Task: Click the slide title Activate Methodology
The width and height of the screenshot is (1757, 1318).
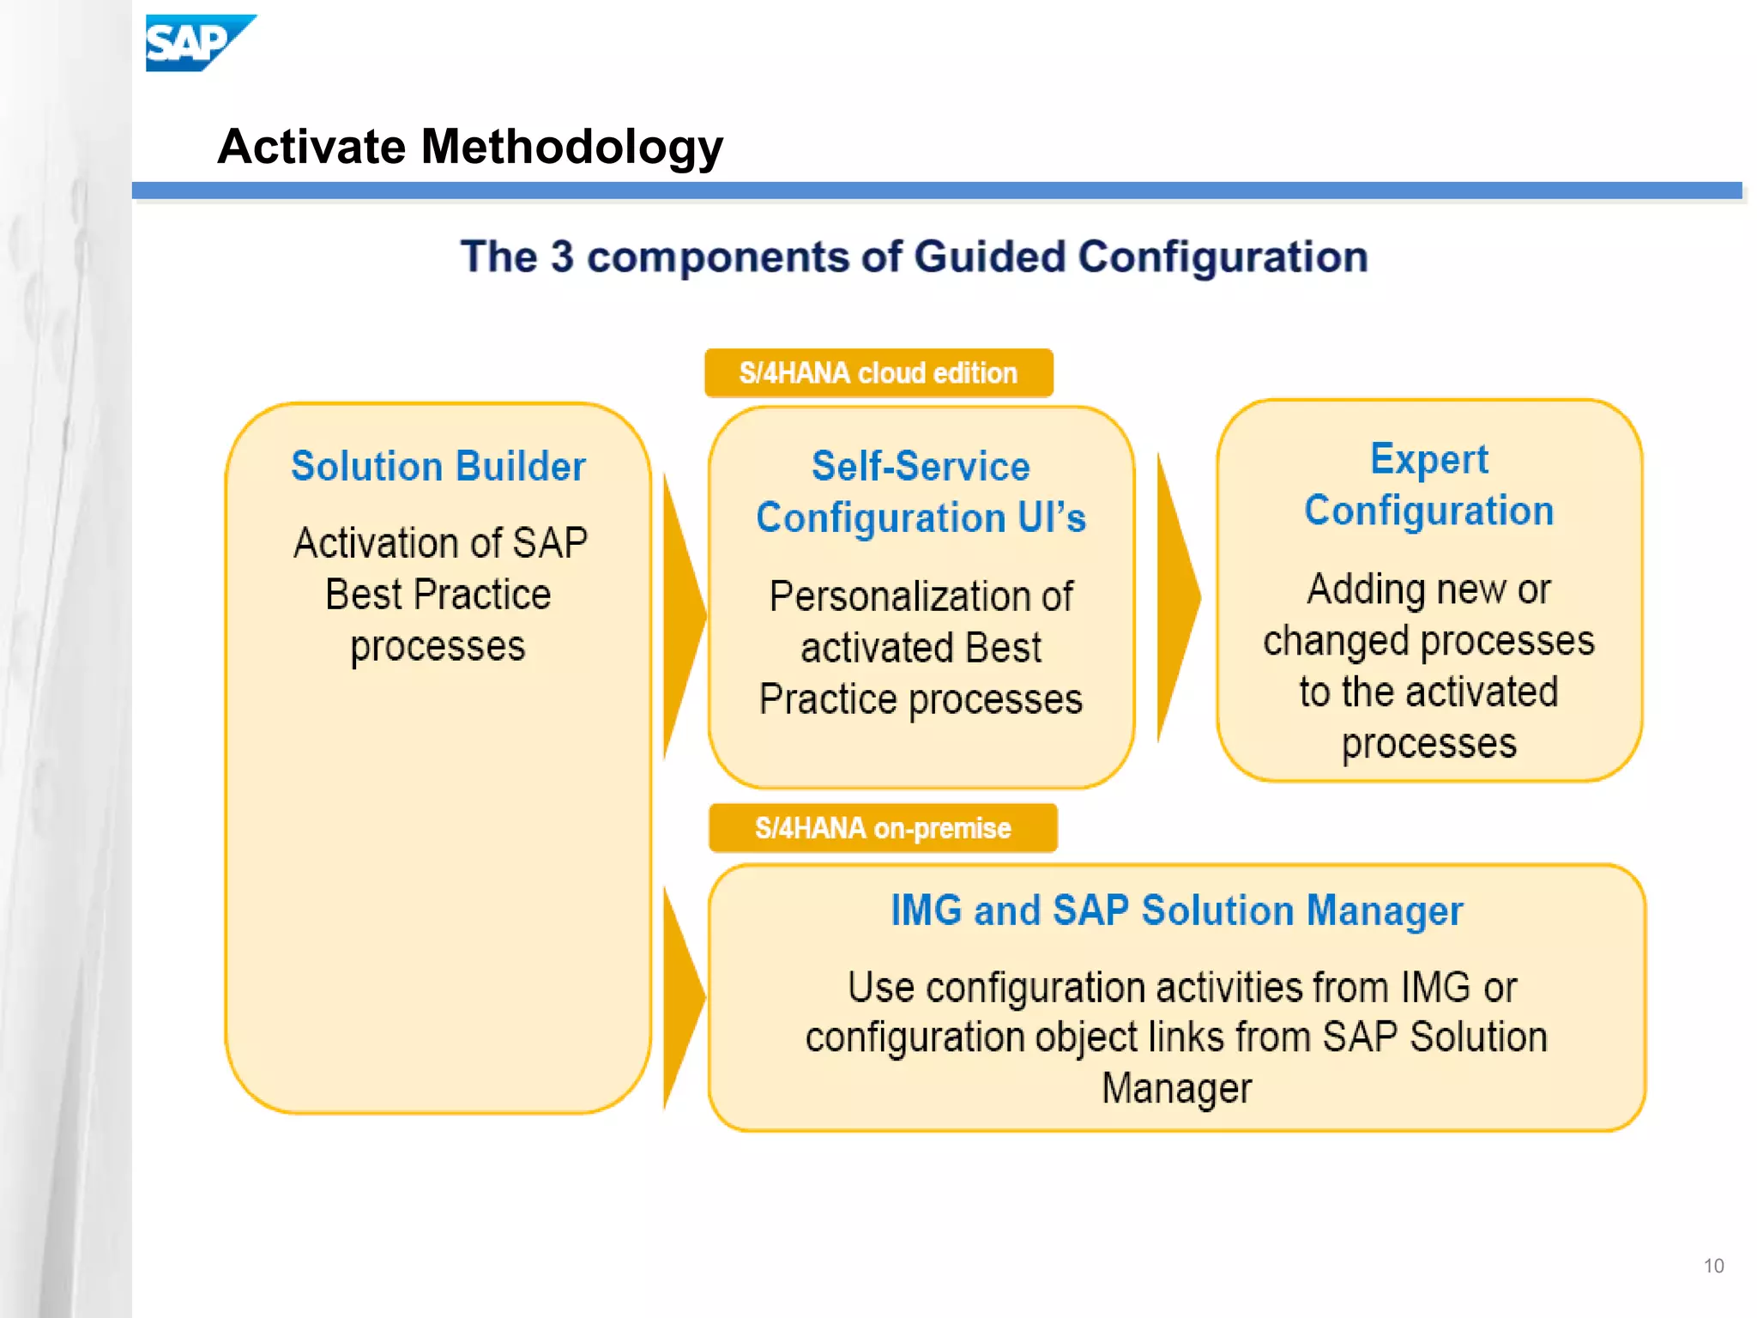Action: (470, 147)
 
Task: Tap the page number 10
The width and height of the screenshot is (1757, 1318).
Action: (1713, 1266)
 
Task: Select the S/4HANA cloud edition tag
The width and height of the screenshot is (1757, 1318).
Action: (878, 373)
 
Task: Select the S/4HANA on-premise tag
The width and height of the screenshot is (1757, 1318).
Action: (883, 828)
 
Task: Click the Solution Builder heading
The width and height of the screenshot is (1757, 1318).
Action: (438, 467)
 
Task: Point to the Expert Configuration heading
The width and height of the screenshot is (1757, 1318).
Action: (1429, 485)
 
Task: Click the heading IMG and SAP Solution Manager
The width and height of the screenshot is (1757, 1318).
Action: (1176, 910)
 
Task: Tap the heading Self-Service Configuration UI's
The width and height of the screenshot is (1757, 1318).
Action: (921, 492)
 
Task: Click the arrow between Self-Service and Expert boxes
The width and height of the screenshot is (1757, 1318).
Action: (1178, 598)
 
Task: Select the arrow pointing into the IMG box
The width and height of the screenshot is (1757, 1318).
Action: (684, 998)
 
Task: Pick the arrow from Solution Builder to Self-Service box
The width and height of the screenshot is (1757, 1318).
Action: (684, 615)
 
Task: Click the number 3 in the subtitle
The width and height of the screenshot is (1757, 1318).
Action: (562, 257)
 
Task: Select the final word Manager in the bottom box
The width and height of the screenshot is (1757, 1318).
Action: (1176, 1089)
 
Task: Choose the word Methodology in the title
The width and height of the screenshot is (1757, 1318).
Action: (571, 147)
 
